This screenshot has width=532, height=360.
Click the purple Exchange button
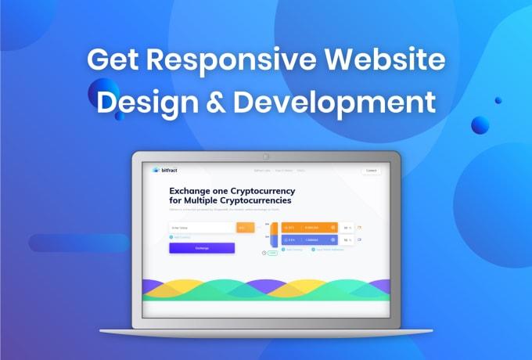click(202, 248)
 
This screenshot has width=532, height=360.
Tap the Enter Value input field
click(202, 228)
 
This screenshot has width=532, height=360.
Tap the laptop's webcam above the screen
click(266, 157)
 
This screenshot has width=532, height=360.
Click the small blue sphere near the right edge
click(480, 124)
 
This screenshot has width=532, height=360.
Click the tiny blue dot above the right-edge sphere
click(498, 100)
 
